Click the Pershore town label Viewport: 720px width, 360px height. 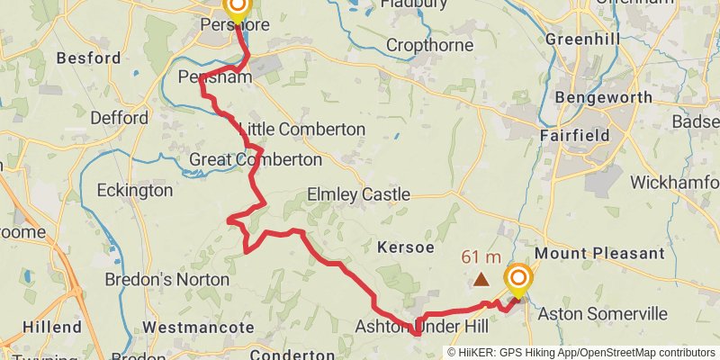click(x=237, y=25)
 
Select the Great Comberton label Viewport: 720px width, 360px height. click(x=256, y=159)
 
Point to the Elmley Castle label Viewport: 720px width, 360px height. click(x=358, y=194)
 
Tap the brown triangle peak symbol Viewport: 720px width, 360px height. click(x=481, y=280)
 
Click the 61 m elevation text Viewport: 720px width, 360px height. click(x=481, y=256)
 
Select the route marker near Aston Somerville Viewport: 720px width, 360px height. click(x=517, y=280)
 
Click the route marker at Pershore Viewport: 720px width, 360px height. click(x=237, y=9)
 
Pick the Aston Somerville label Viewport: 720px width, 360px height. click(x=602, y=313)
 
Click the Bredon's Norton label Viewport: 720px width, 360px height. click(x=167, y=280)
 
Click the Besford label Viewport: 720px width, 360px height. click(x=88, y=58)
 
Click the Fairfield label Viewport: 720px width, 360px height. click(x=575, y=135)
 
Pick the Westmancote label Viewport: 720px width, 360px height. click(x=199, y=327)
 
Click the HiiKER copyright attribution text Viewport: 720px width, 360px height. click(x=581, y=353)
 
